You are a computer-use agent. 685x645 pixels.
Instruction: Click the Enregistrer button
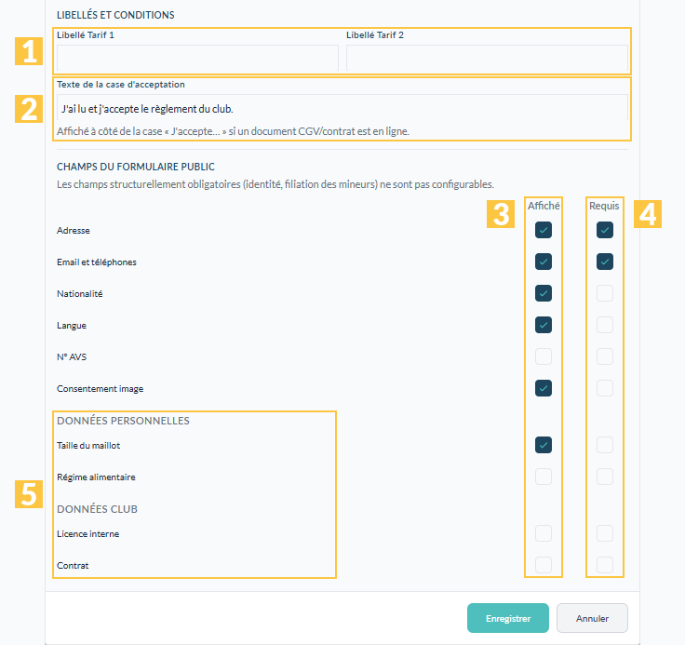[x=507, y=618]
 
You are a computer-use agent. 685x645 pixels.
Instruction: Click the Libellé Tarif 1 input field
[x=197, y=58]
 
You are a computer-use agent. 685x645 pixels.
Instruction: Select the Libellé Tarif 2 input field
[x=487, y=58]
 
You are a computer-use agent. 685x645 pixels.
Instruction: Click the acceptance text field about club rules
[x=342, y=108]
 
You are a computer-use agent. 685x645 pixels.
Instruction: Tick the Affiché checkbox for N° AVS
[x=544, y=356]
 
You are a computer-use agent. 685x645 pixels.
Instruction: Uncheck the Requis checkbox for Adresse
[x=605, y=230]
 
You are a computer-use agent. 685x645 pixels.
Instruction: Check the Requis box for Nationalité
[x=605, y=293]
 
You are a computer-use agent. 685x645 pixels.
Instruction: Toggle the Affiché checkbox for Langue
[x=544, y=325]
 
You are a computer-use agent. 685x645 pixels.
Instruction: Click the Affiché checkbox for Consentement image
[x=544, y=388]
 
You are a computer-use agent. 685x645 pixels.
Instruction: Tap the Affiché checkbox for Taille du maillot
[x=544, y=445]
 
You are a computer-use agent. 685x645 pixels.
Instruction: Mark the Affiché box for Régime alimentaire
[x=544, y=477]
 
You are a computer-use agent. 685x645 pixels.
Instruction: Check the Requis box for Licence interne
[x=605, y=533]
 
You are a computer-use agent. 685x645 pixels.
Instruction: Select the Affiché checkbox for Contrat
[x=544, y=565]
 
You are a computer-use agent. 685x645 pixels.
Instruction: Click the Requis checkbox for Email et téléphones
[x=605, y=262]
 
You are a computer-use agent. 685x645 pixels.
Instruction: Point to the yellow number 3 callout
[x=501, y=214]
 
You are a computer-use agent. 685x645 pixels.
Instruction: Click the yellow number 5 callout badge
[x=29, y=494]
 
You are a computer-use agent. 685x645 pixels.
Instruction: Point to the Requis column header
[x=604, y=206]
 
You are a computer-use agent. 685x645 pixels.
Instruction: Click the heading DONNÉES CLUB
[x=97, y=509]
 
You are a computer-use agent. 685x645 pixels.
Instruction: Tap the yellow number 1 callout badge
[x=29, y=51]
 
